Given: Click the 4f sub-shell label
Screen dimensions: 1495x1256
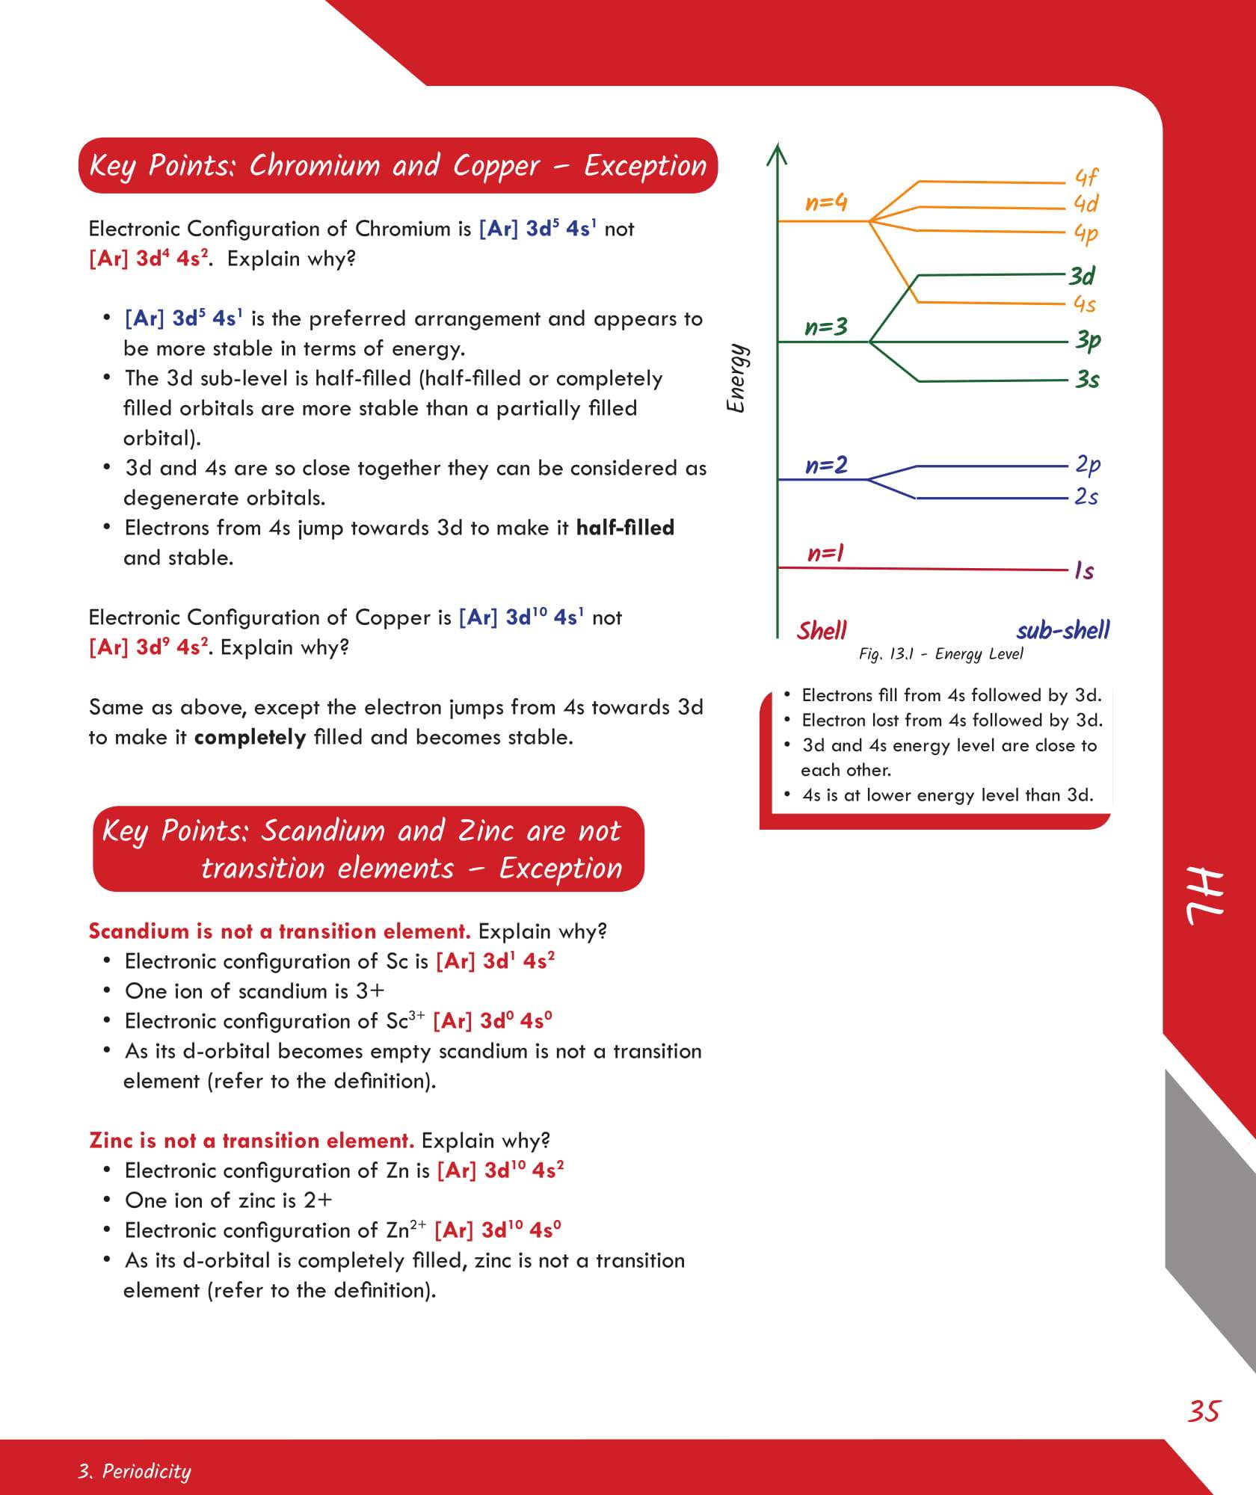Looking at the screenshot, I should click(x=1086, y=177).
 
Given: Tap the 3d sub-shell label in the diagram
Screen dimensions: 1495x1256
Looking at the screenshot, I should click(x=1082, y=277).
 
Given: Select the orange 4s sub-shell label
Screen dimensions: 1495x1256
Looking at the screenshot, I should click(x=1084, y=303).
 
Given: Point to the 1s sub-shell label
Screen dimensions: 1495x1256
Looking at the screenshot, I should click(x=1084, y=571).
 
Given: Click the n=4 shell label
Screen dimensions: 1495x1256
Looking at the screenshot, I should click(x=825, y=203).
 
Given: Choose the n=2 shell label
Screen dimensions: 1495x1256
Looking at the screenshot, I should click(x=825, y=466).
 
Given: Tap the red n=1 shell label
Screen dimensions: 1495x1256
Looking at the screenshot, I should click(x=825, y=553).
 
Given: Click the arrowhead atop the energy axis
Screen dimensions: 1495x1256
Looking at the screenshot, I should click(x=778, y=153).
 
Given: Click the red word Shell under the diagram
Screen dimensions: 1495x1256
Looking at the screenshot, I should click(x=822, y=631).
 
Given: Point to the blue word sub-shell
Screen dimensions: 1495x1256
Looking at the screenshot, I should click(x=1062, y=630).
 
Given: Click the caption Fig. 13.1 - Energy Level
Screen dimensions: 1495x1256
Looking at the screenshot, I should click(x=941, y=654).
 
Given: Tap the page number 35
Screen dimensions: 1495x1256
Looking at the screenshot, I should click(x=1204, y=1411).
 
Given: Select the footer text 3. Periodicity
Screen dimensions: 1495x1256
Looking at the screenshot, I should click(x=135, y=1471).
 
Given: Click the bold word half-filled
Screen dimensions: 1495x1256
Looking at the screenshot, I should click(x=625, y=528).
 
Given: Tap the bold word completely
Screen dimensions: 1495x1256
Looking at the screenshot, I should click(x=250, y=738).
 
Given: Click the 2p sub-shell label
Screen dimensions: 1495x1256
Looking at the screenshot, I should click(x=1087, y=464).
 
